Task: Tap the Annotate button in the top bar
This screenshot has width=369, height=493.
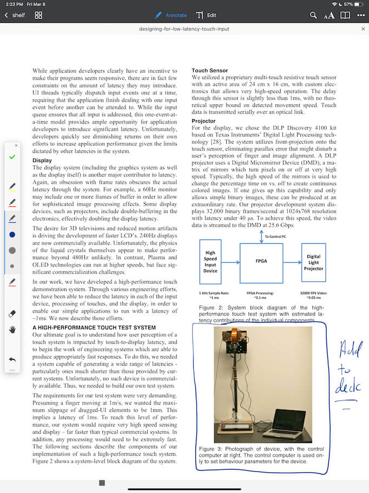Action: click(x=171, y=15)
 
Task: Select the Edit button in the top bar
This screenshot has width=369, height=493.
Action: click(x=206, y=15)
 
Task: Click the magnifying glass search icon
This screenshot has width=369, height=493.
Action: click(x=313, y=15)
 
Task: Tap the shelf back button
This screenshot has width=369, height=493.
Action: click(x=15, y=15)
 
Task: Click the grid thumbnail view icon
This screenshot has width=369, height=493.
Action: click(x=38, y=15)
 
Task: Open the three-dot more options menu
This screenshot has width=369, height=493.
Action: click(x=361, y=15)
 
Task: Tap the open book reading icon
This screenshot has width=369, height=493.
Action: click(x=345, y=15)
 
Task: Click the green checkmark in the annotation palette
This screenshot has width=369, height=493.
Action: click(x=12, y=157)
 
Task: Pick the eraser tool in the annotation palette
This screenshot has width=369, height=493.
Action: click(x=12, y=314)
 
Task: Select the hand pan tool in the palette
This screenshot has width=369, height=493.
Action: click(x=12, y=329)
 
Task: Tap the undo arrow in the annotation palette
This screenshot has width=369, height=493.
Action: click(x=12, y=359)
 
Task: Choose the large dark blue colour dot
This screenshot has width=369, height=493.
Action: click(x=12, y=234)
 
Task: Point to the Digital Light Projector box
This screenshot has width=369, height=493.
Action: click(x=313, y=263)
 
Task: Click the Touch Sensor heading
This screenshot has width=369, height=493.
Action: click(x=210, y=70)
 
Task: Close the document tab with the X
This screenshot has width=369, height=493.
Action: click(x=363, y=29)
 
